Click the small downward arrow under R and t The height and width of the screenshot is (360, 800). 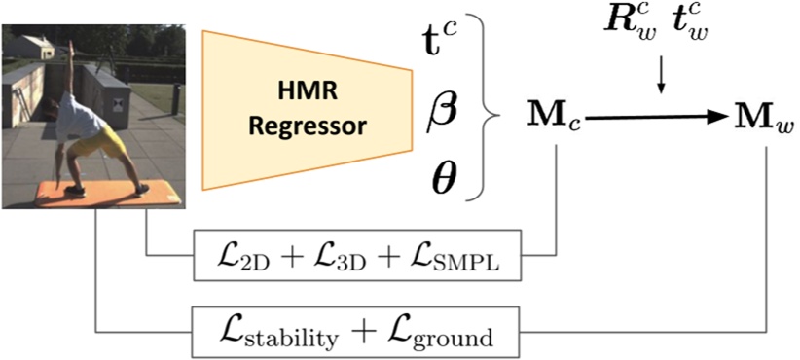(661, 85)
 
